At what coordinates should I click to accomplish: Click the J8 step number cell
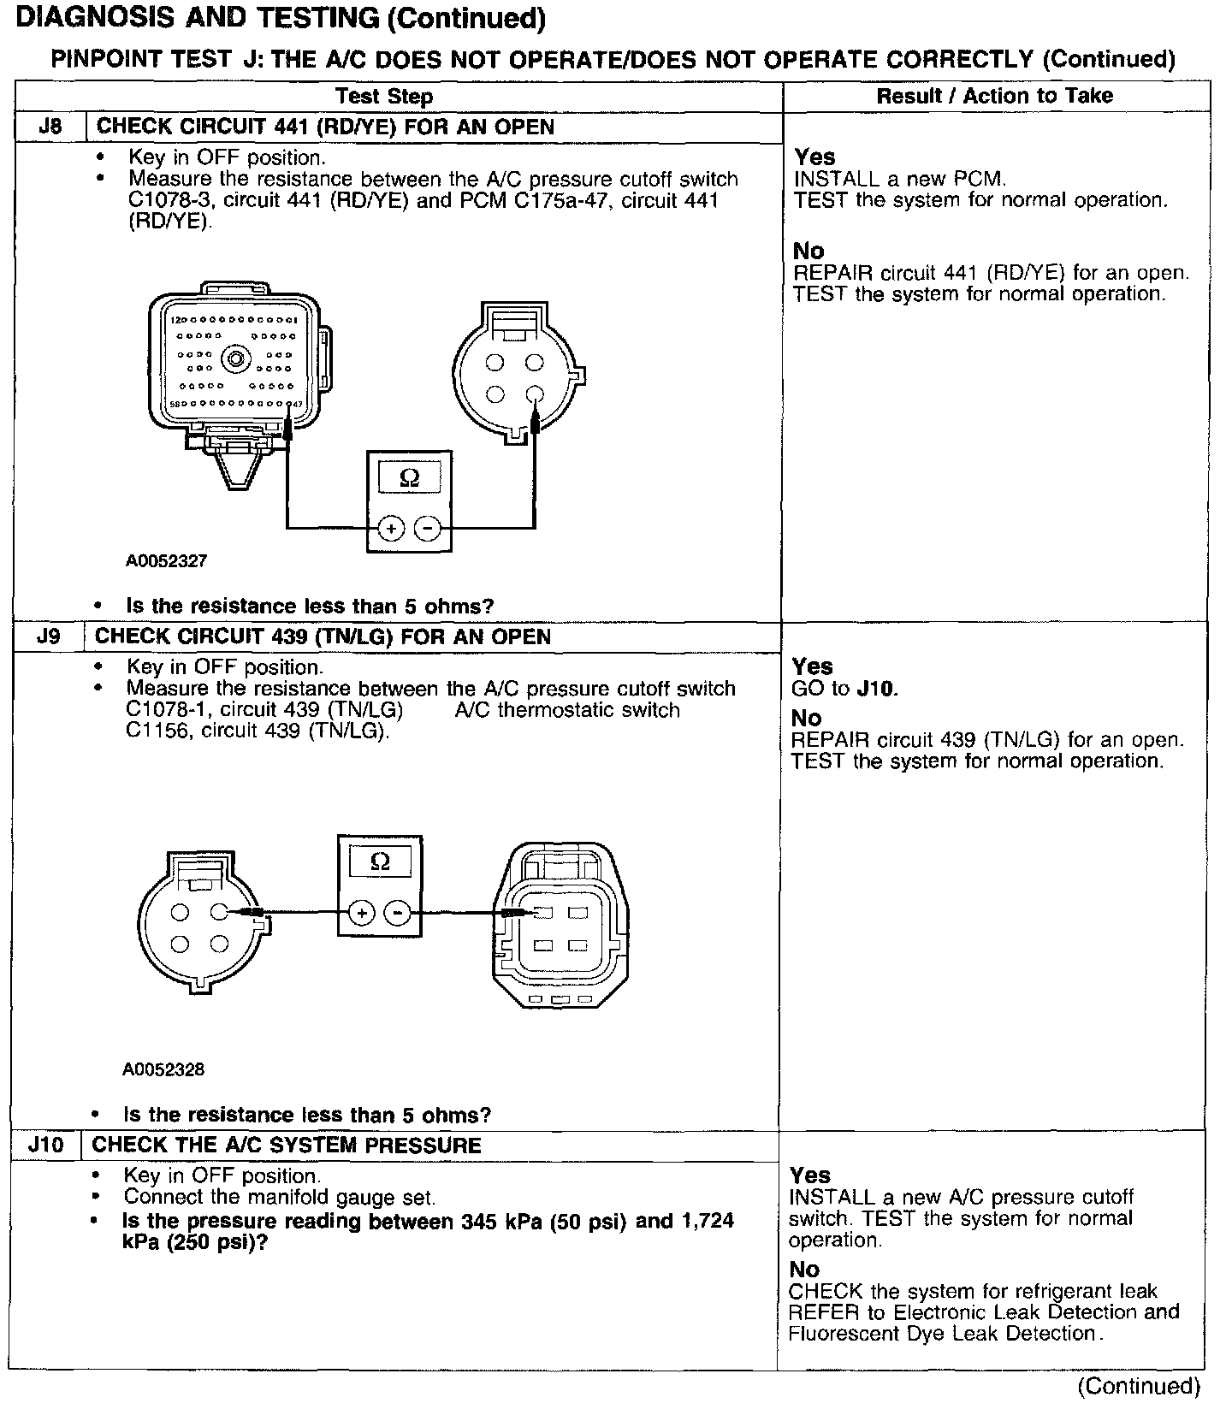pos(50,127)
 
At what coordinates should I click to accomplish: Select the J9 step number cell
pos(49,636)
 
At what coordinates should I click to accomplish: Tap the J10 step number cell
pos(46,1146)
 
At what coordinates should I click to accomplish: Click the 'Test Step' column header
pos(384,96)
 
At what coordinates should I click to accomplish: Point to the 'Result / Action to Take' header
pos(994,96)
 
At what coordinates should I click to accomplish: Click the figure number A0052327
pos(166,561)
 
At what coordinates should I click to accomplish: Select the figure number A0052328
pos(163,1069)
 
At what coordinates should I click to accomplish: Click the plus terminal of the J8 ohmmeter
pos(391,530)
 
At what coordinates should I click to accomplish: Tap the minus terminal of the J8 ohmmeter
pos(427,530)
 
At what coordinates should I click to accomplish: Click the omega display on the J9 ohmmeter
pos(380,862)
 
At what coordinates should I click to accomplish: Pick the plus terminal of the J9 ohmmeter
pos(362,914)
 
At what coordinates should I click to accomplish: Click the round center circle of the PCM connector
pos(234,361)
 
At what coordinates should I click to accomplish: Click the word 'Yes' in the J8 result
pos(814,157)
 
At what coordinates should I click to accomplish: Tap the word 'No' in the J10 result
pos(804,1270)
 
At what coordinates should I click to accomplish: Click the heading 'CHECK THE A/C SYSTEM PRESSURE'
pos(287,1146)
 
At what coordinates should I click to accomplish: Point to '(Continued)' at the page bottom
pos(1138,1386)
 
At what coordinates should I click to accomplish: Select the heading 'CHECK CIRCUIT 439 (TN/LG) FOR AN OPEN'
pos(323,636)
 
